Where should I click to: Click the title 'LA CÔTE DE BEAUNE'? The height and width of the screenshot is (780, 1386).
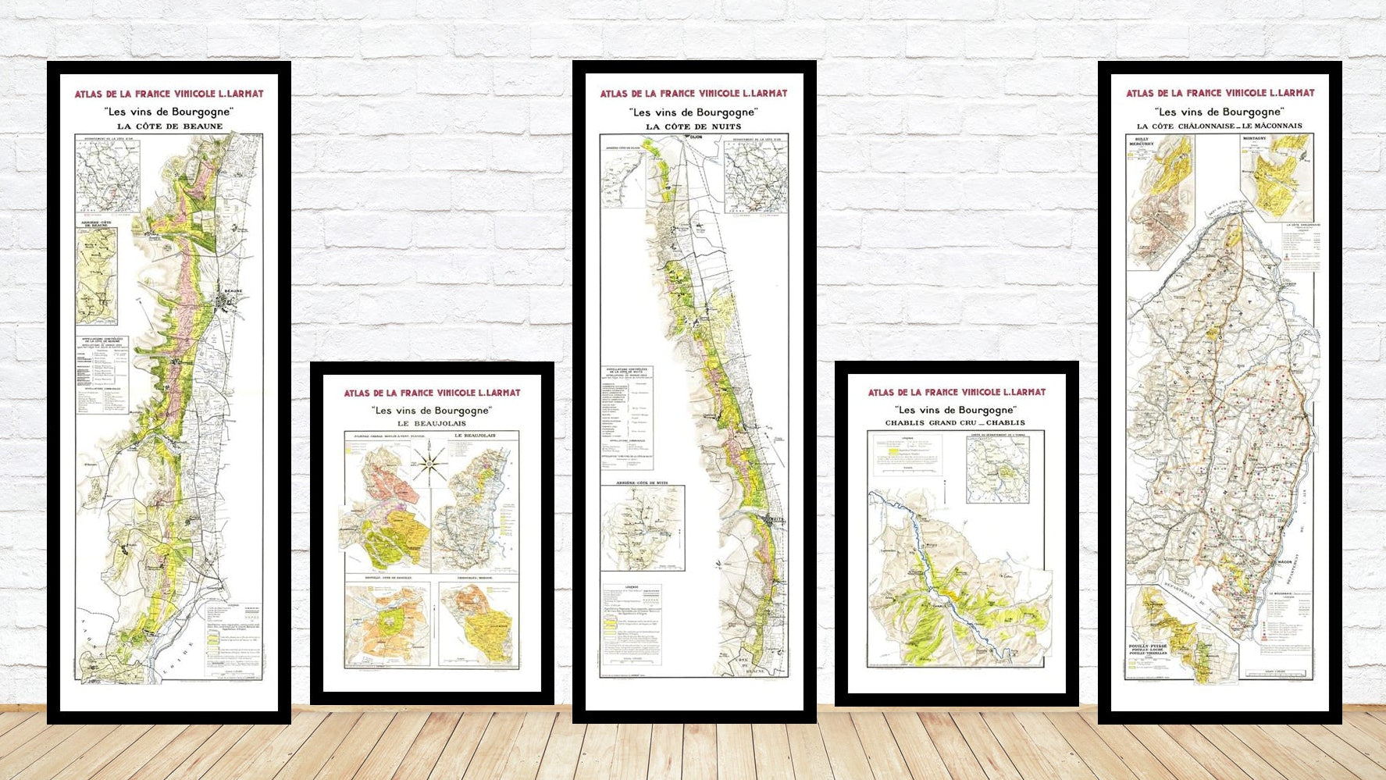click(169, 126)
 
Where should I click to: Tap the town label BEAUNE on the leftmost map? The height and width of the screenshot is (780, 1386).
click(233, 291)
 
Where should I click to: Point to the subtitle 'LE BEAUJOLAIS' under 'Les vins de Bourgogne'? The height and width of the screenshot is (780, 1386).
click(432, 423)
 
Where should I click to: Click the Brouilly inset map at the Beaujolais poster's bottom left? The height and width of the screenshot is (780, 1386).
click(387, 623)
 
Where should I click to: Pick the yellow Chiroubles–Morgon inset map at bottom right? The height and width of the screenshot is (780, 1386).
click(478, 623)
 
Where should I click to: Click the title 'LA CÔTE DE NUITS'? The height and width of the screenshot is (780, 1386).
click(693, 126)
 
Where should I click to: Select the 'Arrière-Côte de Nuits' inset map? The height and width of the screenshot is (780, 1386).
click(643, 527)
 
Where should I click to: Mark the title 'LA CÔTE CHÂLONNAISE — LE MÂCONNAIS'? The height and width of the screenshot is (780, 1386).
click(1219, 126)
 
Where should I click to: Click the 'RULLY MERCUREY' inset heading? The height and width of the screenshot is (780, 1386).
click(1141, 142)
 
